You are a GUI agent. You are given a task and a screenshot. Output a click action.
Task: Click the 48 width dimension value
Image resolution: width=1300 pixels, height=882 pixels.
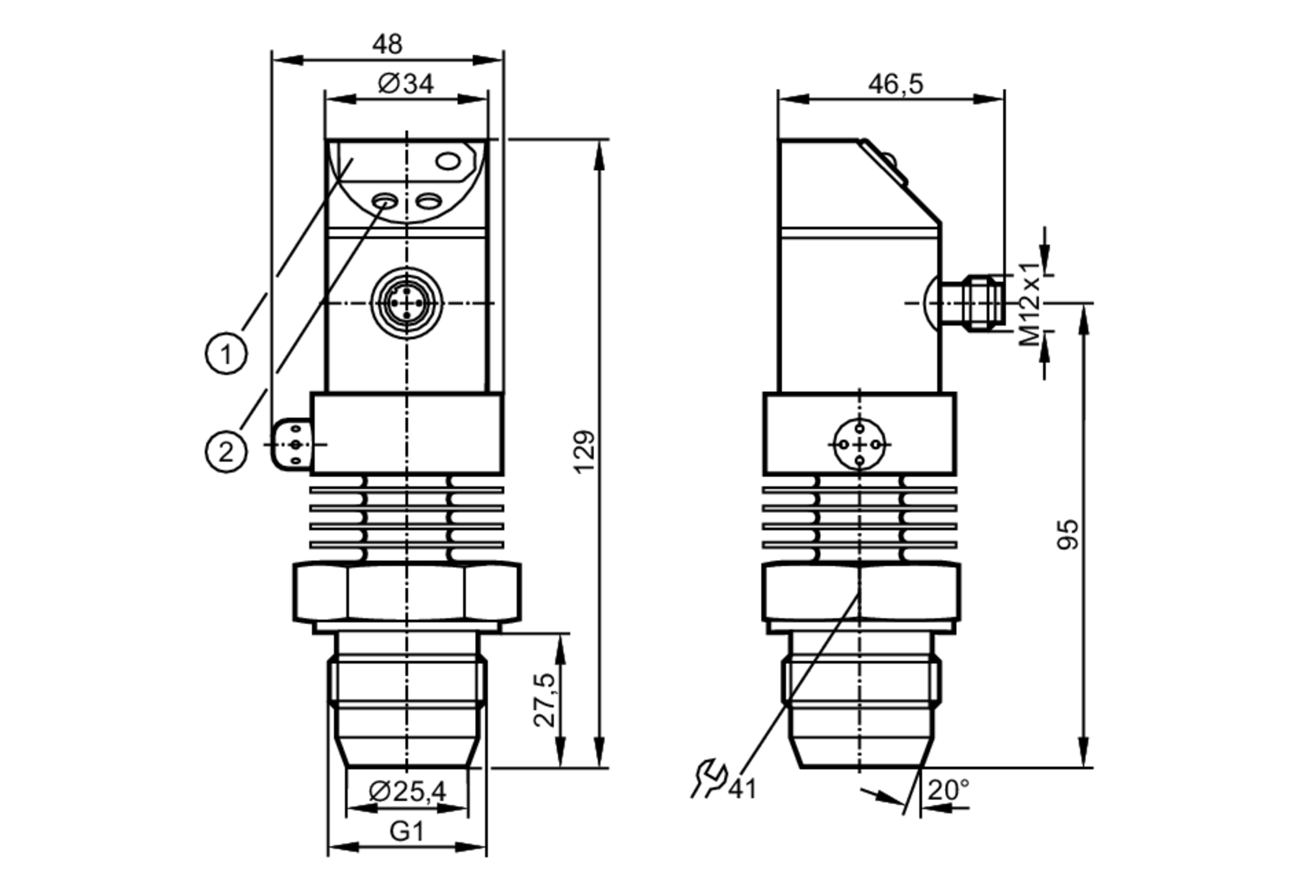tap(387, 44)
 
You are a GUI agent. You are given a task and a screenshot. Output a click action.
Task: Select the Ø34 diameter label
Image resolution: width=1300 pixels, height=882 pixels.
tap(406, 84)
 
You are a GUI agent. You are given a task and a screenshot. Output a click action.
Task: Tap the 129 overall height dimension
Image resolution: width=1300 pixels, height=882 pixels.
tap(584, 452)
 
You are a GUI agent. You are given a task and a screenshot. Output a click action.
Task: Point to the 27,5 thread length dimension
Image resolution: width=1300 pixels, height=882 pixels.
tap(545, 700)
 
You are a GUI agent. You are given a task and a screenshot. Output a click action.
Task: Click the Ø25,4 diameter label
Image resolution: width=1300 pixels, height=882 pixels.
tap(408, 791)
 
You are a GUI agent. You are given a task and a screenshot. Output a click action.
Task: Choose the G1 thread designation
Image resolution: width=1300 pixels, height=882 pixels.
tap(407, 831)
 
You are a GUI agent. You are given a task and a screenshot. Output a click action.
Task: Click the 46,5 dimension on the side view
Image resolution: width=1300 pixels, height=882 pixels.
tap(895, 84)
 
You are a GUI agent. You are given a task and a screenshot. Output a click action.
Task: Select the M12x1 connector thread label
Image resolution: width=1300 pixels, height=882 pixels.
tap(1028, 304)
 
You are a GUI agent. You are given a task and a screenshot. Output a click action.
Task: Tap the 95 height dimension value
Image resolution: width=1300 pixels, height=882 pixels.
tap(1067, 534)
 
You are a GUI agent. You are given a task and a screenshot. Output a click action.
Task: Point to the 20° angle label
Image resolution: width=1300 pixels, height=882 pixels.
tap(948, 790)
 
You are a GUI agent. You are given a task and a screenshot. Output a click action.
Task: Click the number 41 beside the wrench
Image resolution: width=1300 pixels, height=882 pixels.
tap(742, 789)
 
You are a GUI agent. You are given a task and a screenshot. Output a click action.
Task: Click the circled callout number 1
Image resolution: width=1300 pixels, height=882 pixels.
tap(226, 354)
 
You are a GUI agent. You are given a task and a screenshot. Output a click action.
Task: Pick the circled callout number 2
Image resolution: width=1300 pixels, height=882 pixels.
tap(226, 452)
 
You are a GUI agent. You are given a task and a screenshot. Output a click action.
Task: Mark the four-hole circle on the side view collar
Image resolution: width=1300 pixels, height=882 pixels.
tap(859, 445)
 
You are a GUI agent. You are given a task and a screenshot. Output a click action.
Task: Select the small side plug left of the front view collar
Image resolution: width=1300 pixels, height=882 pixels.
tap(292, 445)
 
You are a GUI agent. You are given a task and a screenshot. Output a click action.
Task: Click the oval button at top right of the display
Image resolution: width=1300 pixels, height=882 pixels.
tap(448, 161)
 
